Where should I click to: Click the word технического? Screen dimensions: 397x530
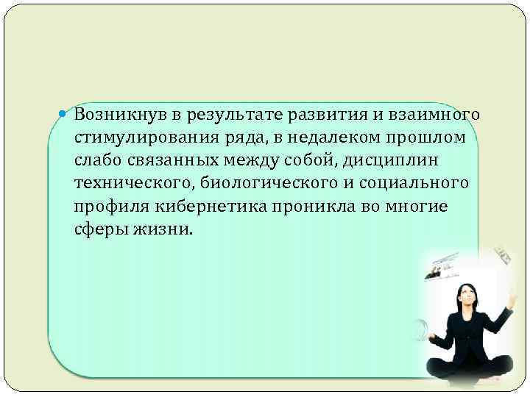pyautogui.click(x=132, y=183)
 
